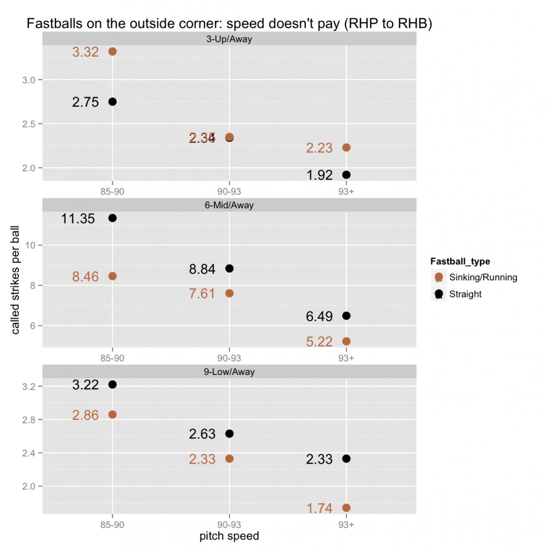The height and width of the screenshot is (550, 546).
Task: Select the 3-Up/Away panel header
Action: click(x=229, y=39)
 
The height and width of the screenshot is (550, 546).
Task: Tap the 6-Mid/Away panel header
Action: click(x=229, y=205)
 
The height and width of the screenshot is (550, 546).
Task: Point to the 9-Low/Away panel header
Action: click(x=229, y=372)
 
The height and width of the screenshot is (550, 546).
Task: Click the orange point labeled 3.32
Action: click(x=113, y=52)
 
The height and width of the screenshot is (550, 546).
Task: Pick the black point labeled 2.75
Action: click(x=113, y=102)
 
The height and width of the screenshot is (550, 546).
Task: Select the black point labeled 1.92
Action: click(x=346, y=175)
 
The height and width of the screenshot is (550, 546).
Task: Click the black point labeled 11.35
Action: click(x=113, y=218)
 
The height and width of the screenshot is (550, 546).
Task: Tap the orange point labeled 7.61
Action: click(x=229, y=293)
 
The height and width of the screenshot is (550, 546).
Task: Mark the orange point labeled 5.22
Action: click(x=346, y=341)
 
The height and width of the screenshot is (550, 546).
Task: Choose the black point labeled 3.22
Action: click(x=113, y=385)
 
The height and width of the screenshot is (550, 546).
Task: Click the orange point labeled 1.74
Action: click(x=346, y=508)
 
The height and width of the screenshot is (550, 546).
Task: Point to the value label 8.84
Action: click(x=202, y=269)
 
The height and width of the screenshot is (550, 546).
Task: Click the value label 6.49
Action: click(x=319, y=316)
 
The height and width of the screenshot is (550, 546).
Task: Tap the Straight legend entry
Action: click(x=465, y=294)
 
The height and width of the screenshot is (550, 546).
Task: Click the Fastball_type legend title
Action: click(x=460, y=262)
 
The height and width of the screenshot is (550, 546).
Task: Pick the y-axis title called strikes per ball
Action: click(x=16, y=279)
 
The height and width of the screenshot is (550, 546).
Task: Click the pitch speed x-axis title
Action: click(x=229, y=536)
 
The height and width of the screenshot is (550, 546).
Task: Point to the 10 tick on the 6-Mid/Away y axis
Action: click(x=30, y=245)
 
